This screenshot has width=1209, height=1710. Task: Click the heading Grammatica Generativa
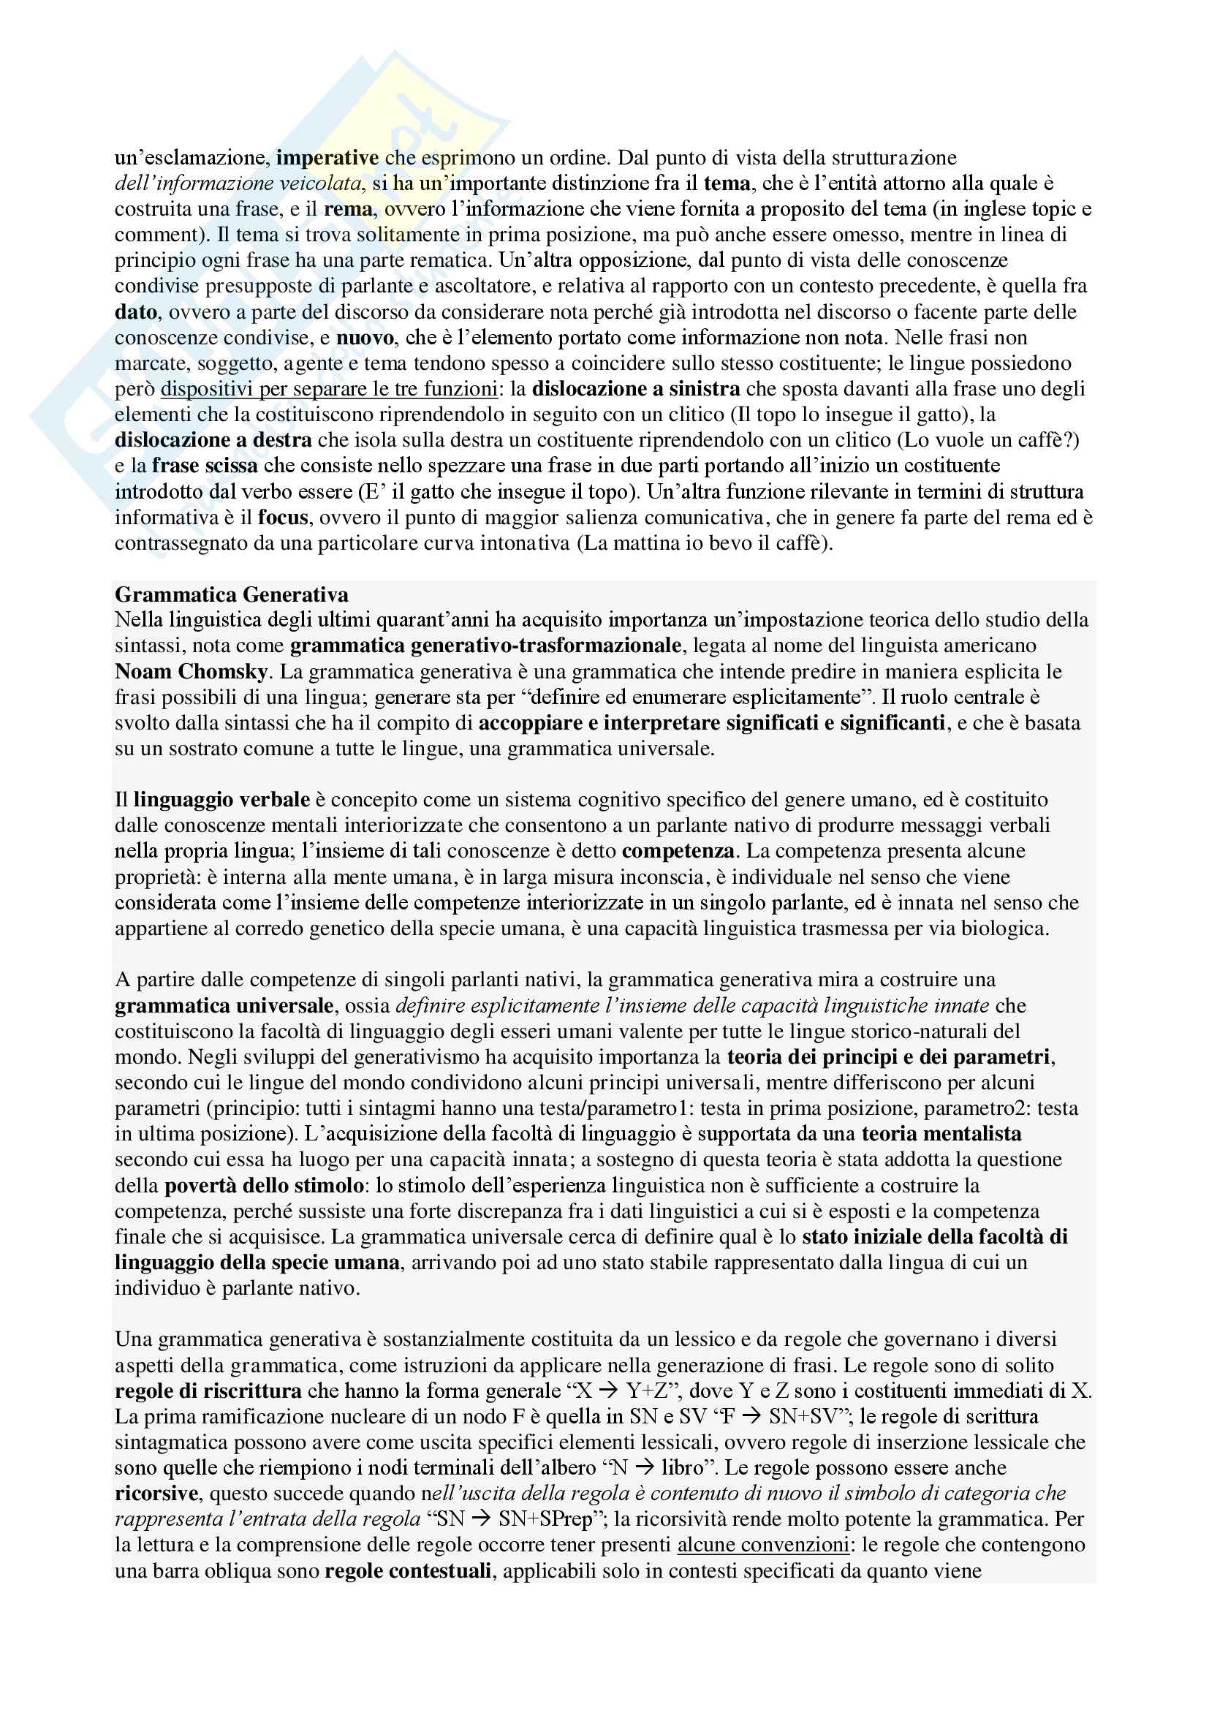click(x=232, y=594)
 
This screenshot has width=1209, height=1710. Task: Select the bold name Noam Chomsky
click(x=191, y=671)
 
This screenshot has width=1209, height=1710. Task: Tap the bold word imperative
click(x=327, y=157)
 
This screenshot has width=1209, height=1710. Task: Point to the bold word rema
click(x=348, y=208)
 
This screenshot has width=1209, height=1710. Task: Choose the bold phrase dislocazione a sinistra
click(x=636, y=389)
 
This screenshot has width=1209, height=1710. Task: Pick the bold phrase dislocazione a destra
click(x=213, y=440)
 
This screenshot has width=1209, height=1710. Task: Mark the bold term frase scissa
click(x=205, y=466)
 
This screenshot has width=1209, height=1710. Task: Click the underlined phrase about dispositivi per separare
click(x=329, y=389)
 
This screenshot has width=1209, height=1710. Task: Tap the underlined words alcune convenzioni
click(x=762, y=1546)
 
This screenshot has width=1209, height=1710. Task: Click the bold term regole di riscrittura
click(x=208, y=1391)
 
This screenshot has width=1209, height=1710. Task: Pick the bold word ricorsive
click(x=156, y=1494)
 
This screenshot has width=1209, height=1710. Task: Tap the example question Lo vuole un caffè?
click(x=990, y=440)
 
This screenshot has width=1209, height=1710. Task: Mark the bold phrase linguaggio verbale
click(x=222, y=800)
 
